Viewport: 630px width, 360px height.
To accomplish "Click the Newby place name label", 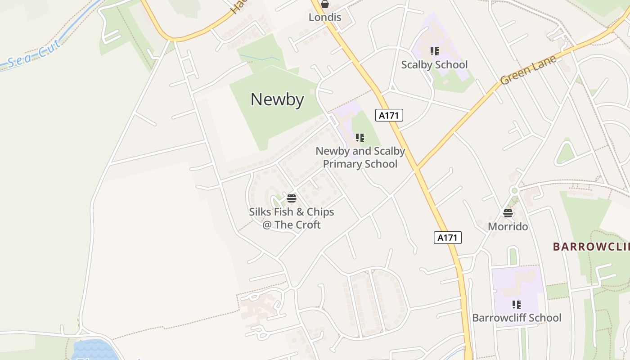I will click(x=277, y=99).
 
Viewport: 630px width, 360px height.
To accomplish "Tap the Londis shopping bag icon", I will click(x=325, y=4).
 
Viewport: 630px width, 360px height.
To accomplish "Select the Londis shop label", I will click(x=325, y=18).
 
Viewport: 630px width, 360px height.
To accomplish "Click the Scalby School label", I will click(x=434, y=65).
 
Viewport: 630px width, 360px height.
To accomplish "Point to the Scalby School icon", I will click(x=434, y=51).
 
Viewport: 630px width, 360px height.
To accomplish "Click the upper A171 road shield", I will click(x=389, y=115).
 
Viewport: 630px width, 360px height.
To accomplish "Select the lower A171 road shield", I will click(x=448, y=238).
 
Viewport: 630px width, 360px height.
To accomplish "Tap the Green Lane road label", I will click(x=528, y=70).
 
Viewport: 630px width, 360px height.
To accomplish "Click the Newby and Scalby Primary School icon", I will click(x=360, y=138).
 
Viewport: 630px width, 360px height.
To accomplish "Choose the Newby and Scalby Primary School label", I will click(x=360, y=157).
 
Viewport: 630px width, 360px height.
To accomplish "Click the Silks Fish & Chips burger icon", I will click(x=292, y=198).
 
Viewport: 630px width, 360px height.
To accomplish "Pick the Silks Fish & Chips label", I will click(x=292, y=218).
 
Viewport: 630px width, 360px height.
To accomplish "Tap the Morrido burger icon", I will click(x=508, y=213).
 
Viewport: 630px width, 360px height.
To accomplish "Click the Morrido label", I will click(x=508, y=226).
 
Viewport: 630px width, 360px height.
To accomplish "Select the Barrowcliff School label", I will click(x=517, y=318).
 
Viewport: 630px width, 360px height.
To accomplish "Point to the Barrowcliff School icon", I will click(x=517, y=305).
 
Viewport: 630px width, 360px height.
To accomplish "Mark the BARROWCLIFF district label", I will click(x=591, y=247).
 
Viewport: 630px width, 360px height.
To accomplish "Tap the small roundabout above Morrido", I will click(x=514, y=191).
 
